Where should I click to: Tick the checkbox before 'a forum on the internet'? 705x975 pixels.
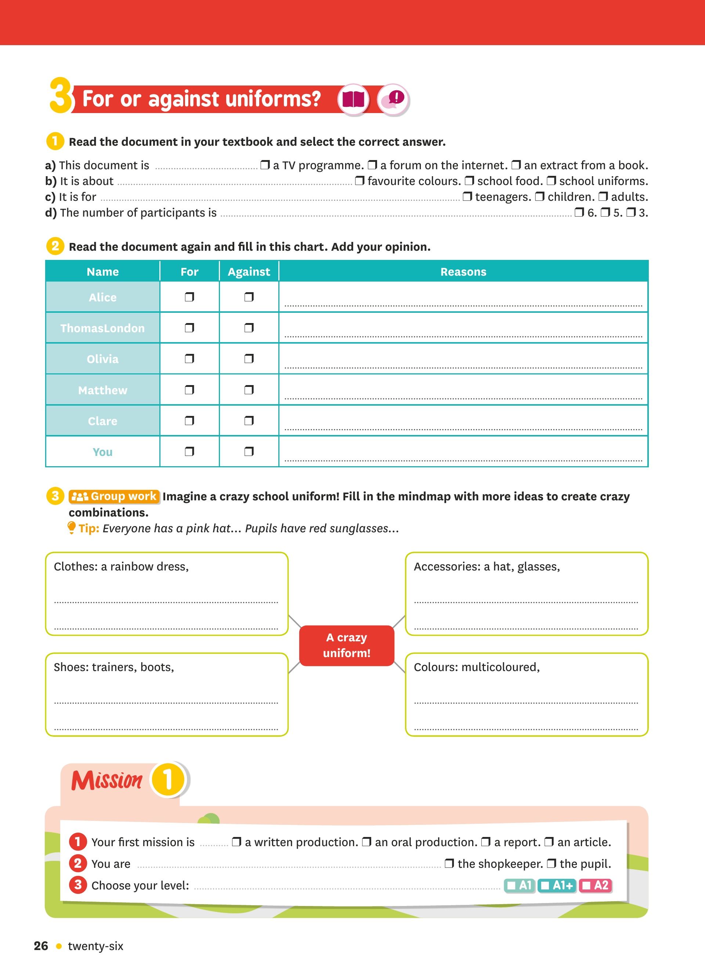point(372,165)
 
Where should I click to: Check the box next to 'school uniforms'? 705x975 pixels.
point(551,181)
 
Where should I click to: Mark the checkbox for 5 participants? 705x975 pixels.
point(605,213)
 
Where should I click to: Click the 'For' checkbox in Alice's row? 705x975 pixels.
point(189,297)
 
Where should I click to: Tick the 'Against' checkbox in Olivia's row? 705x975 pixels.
point(249,359)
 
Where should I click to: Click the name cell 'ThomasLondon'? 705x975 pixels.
point(102,328)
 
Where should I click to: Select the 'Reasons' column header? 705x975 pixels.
point(463,272)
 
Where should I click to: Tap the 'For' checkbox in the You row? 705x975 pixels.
point(189,452)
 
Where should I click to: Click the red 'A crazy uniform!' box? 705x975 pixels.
point(347,645)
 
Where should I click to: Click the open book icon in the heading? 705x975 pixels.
point(353,99)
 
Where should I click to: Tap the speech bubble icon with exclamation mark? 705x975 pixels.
point(393,99)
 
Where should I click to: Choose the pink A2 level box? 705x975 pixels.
point(595,885)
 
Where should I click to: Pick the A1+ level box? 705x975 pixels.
point(557,885)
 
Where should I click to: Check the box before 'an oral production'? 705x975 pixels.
point(366,842)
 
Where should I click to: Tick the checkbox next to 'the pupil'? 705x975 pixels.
point(551,863)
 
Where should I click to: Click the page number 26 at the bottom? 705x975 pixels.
point(41,946)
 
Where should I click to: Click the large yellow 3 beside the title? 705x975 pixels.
point(60,95)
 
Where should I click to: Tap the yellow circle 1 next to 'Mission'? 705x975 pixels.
point(168,780)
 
